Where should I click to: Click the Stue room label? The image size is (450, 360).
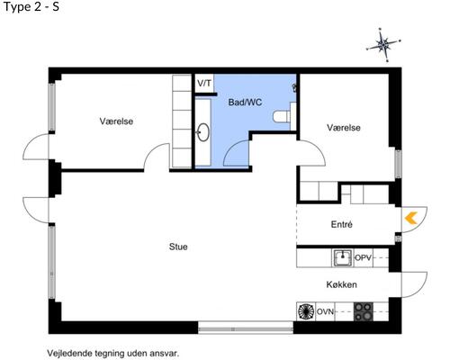click(177, 246)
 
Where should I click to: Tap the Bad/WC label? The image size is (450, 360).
click(245, 103)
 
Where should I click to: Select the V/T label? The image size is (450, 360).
click(204, 84)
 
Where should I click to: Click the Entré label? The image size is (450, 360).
click(342, 225)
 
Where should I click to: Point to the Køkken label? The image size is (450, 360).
click(342, 285)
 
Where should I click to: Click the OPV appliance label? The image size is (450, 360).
click(363, 258)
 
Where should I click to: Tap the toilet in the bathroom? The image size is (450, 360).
click(283, 114)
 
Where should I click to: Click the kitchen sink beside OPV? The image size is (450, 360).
click(342, 258)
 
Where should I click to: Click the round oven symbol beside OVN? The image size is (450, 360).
click(305, 312)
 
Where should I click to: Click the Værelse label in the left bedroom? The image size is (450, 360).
click(117, 121)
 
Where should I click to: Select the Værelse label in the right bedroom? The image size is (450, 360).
click(344, 128)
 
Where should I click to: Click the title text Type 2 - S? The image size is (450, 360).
click(31, 8)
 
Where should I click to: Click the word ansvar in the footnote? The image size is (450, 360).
click(164, 353)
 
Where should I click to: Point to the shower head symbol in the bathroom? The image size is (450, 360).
click(294, 87)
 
